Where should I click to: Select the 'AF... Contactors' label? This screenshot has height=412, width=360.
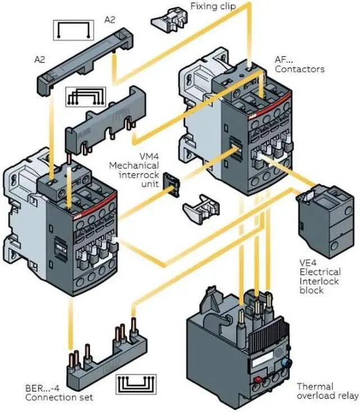click(299, 64)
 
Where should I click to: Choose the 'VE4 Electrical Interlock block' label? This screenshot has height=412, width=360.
click(319, 276)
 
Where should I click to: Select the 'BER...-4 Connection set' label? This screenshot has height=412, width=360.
click(52, 392)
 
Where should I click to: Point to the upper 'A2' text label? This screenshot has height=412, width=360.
click(111, 20)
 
